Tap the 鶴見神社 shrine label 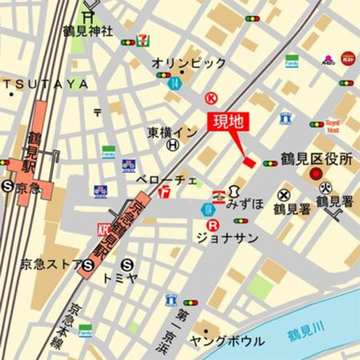pyautogui.click(x=88, y=31)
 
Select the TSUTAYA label pyautogui.click(x=49, y=83)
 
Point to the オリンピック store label pyautogui.click(x=188, y=63)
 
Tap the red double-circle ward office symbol pyautogui.click(x=316, y=174)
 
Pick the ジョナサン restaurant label pyautogui.click(x=227, y=238)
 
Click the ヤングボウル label pyautogui.click(x=226, y=341)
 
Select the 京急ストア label pyautogui.click(x=49, y=265)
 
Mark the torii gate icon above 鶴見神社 pyautogui.click(x=88, y=13)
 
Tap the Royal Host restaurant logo pyautogui.click(x=332, y=123)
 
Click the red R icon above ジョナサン pyautogui.click(x=212, y=225)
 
